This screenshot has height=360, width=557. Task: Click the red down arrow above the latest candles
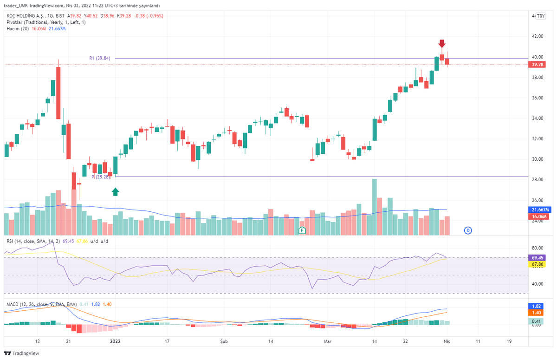point(442,44)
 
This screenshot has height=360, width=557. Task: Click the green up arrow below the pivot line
point(115,192)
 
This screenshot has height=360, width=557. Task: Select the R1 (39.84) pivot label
point(100,58)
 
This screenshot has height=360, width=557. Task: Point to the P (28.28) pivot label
point(101,177)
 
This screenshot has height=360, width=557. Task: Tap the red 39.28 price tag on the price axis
point(537,65)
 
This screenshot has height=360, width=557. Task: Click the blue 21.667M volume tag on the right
point(540,210)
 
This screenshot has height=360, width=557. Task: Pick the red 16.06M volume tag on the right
point(538,216)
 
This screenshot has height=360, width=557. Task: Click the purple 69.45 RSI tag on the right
point(537,258)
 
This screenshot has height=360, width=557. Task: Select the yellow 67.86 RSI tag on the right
point(537,264)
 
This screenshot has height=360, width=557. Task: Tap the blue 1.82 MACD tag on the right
point(536,306)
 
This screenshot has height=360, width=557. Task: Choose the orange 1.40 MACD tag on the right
point(536,313)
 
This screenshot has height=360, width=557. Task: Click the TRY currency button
point(541,16)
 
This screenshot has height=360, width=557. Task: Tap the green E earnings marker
point(302,230)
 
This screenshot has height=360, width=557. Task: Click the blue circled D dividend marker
point(468,230)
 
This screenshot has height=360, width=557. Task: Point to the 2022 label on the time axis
point(115,341)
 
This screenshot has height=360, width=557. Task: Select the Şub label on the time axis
point(224,341)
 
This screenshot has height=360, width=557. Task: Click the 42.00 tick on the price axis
point(538,36)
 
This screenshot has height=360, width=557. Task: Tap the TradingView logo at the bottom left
point(22,353)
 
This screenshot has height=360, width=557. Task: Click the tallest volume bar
point(374,207)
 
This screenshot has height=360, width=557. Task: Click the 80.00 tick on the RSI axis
point(538,248)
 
